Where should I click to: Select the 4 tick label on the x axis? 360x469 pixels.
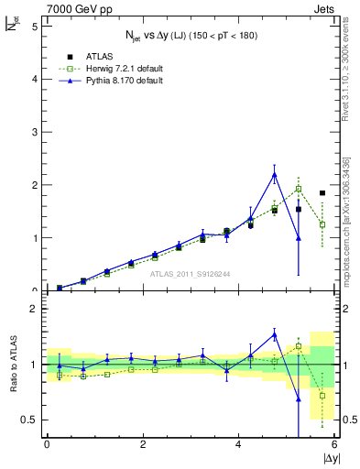click(x=238, y=444)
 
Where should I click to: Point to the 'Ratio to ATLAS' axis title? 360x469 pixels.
click(x=12, y=365)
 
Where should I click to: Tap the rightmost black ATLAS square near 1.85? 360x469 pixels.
click(x=322, y=193)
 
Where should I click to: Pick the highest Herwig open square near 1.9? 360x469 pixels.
click(x=299, y=190)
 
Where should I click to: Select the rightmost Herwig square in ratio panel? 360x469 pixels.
click(x=322, y=396)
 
